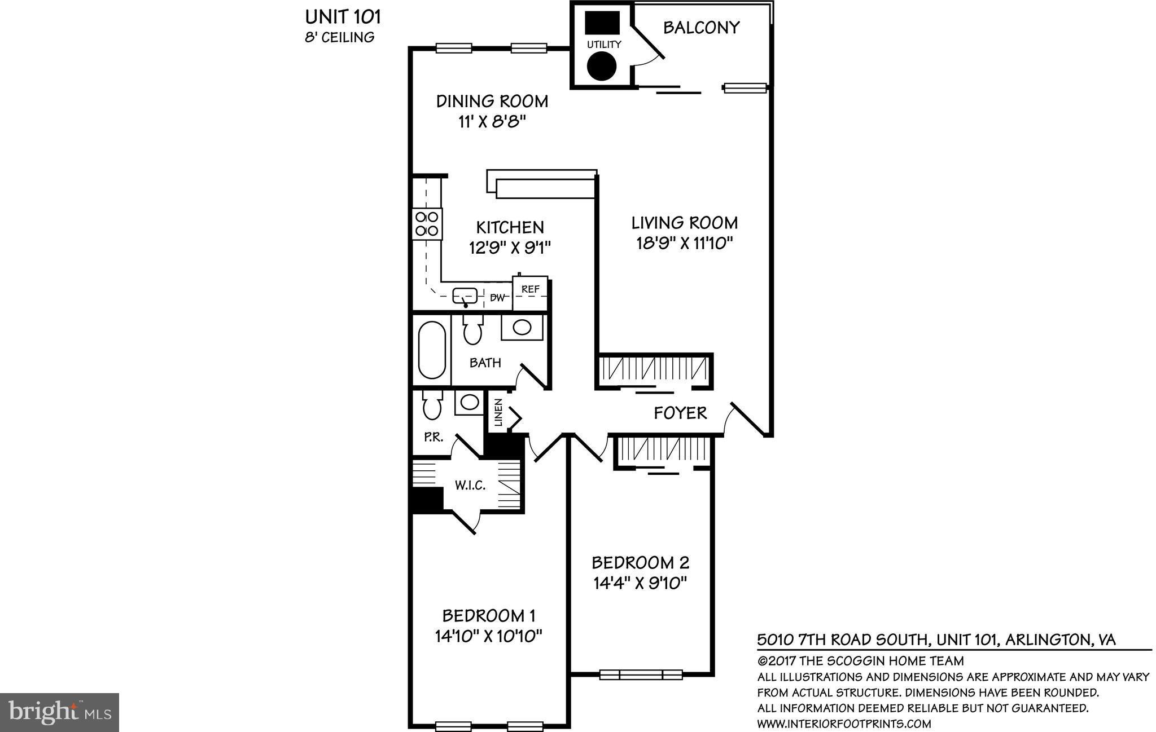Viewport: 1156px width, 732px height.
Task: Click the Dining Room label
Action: (492, 102)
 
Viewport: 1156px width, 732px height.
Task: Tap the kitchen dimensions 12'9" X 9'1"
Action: (510, 248)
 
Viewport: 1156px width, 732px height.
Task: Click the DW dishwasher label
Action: (497, 298)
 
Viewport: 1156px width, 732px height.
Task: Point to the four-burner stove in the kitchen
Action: (427, 223)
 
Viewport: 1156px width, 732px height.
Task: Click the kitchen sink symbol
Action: (465, 295)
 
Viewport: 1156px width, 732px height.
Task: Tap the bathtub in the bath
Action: (432, 350)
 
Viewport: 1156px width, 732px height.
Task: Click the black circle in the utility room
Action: (602, 66)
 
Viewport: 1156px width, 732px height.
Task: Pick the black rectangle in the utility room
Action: (602, 23)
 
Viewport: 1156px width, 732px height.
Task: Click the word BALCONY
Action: (701, 28)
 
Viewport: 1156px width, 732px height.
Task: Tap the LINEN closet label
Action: (498, 412)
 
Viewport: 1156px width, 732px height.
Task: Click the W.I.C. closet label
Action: (470, 485)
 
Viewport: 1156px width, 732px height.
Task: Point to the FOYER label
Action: (680, 413)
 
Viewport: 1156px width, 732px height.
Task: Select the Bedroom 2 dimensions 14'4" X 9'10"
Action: (640, 583)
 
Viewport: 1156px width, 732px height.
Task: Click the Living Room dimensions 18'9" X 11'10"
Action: (684, 244)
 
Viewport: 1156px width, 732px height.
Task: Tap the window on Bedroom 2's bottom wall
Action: (641, 674)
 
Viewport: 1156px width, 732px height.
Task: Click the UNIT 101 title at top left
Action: (343, 17)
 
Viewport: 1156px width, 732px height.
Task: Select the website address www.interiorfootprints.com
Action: (844, 724)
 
